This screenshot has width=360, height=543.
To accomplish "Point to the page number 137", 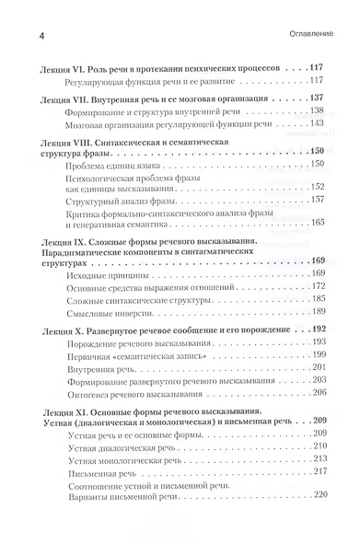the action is click(320, 98).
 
